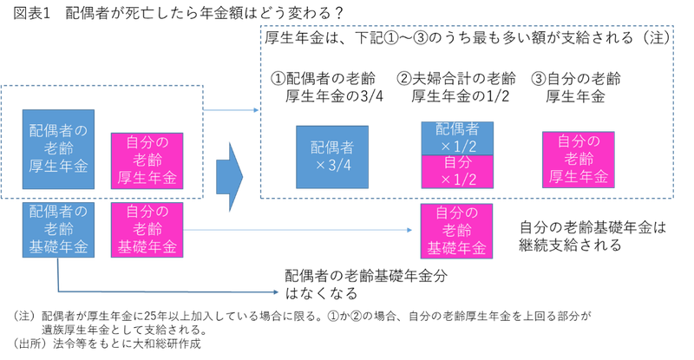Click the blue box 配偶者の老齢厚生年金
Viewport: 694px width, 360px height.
pyautogui.click(x=59, y=150)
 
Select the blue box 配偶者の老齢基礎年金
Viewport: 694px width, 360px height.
pyautogui.click(x=59, y=229)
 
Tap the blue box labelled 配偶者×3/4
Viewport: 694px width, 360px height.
pyautogui.click(x=331, y=157)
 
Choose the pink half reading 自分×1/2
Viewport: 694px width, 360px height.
pyautogui.click(x=457, y=172)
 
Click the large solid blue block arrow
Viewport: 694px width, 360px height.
pyautogui.click(x=231, y=176)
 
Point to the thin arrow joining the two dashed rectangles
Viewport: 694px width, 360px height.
pyautogui.click(x=232, y=110)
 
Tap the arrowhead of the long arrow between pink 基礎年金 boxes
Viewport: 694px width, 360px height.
pyautogui.click(x=409, y=230)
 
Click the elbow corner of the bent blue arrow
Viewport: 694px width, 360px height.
pyautogui.click(x=58, y=292)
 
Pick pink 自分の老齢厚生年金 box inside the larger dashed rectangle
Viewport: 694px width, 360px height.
pyautogui.click(x=578, y=160)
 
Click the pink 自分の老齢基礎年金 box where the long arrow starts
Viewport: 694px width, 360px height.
pyautogui.click(x=147, y=229)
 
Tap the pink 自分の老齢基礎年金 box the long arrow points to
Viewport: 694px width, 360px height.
pyautogui.click(x=457, y=232)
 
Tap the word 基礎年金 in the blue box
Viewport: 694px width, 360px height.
pyautogui.click(x=59, y=247)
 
